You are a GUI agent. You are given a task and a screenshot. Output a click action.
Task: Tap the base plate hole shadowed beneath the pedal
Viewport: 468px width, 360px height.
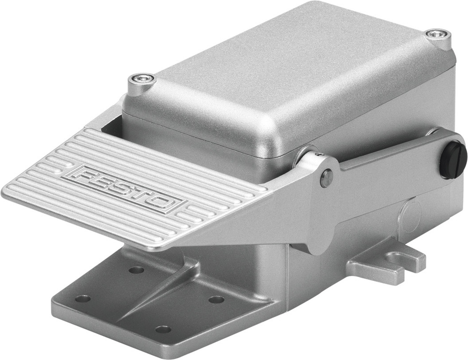click(136, 270)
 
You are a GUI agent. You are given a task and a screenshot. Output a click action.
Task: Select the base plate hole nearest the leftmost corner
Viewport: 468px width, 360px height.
click(83, 298)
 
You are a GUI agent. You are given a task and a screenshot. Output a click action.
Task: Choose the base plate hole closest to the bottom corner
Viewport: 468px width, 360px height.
click(163, 329)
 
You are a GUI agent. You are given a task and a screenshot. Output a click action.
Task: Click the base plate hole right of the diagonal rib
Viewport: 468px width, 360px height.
click(216, 299)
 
